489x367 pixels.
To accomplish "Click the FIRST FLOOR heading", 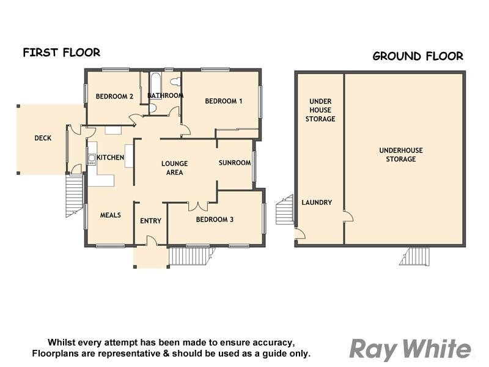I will click(x=61, y=53).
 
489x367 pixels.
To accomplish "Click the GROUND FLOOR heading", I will click(x=417, y=56).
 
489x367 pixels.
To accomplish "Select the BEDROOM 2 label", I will click(x=114, y=96).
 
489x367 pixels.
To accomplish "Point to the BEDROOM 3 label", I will click(x=215, y=219).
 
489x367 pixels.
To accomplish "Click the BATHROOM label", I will click(x=165, y=95).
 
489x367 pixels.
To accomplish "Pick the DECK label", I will click(x=43, y=138).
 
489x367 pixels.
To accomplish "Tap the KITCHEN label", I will click(x=110, y=157).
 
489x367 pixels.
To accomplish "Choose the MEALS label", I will click(x=110, y=215).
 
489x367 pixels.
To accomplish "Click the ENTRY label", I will click(x=150, y=221).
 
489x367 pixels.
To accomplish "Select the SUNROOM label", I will click(x=235, y=163).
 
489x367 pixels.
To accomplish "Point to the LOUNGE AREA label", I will click(x=174, y=168).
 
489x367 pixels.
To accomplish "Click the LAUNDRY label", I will click(x=317, y=202).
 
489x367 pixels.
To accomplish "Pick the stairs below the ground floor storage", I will click(x=415, y=256).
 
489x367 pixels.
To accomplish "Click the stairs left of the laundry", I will click(x=285, y=212).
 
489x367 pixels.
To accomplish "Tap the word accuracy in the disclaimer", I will click(x=273, y=342).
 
